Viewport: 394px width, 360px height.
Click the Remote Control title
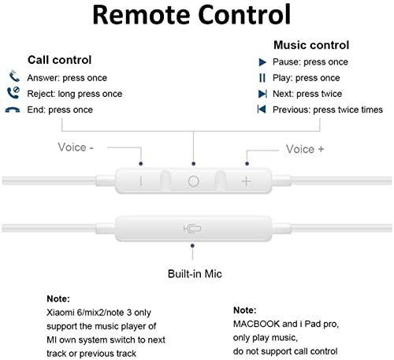[191, 14]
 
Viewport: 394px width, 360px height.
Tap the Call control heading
[60, 60]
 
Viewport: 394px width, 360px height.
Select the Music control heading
[311, 45]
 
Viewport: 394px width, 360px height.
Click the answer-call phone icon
[14, 76]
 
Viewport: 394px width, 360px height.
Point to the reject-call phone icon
[13, 92]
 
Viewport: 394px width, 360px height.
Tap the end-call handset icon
[13, 110]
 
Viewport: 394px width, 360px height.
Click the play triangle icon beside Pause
[262, 62]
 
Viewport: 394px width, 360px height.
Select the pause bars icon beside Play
[262, 78]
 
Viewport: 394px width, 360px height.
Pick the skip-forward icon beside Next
[262, 94]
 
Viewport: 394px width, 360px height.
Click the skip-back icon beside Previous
[262, 109]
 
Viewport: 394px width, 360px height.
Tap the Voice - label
[76, 147]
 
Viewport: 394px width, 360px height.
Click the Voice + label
[305, 149]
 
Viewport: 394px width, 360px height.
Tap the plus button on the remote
[247, 181]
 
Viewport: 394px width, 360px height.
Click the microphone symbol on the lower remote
[192, 228]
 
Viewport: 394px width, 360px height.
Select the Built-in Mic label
[195, 274]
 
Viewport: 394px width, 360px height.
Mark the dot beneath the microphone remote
[192, 246]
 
